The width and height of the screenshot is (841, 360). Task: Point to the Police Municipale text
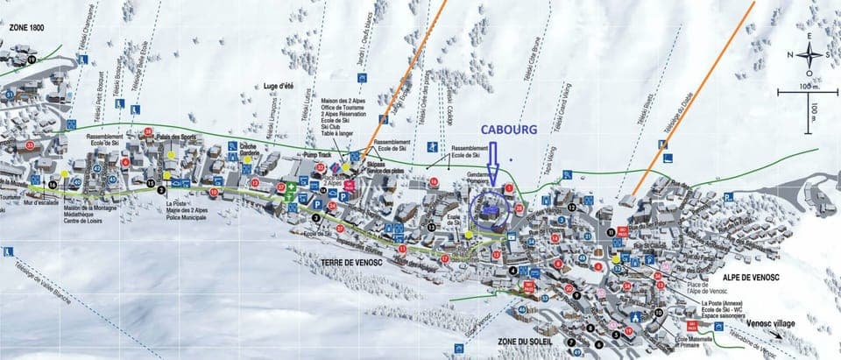coord(185,215)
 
